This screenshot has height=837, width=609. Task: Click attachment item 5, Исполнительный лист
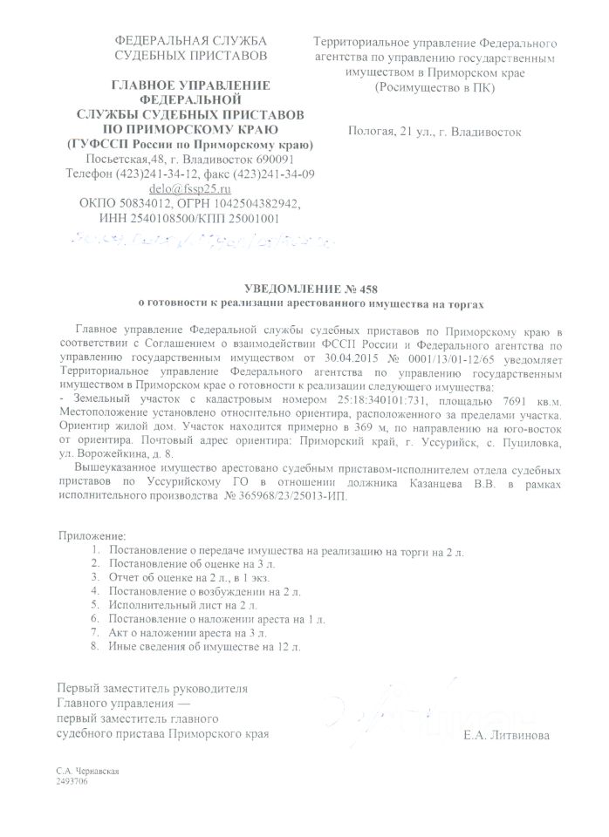pos(183,604)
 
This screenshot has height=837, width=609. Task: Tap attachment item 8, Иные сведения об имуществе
pos(204,647)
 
